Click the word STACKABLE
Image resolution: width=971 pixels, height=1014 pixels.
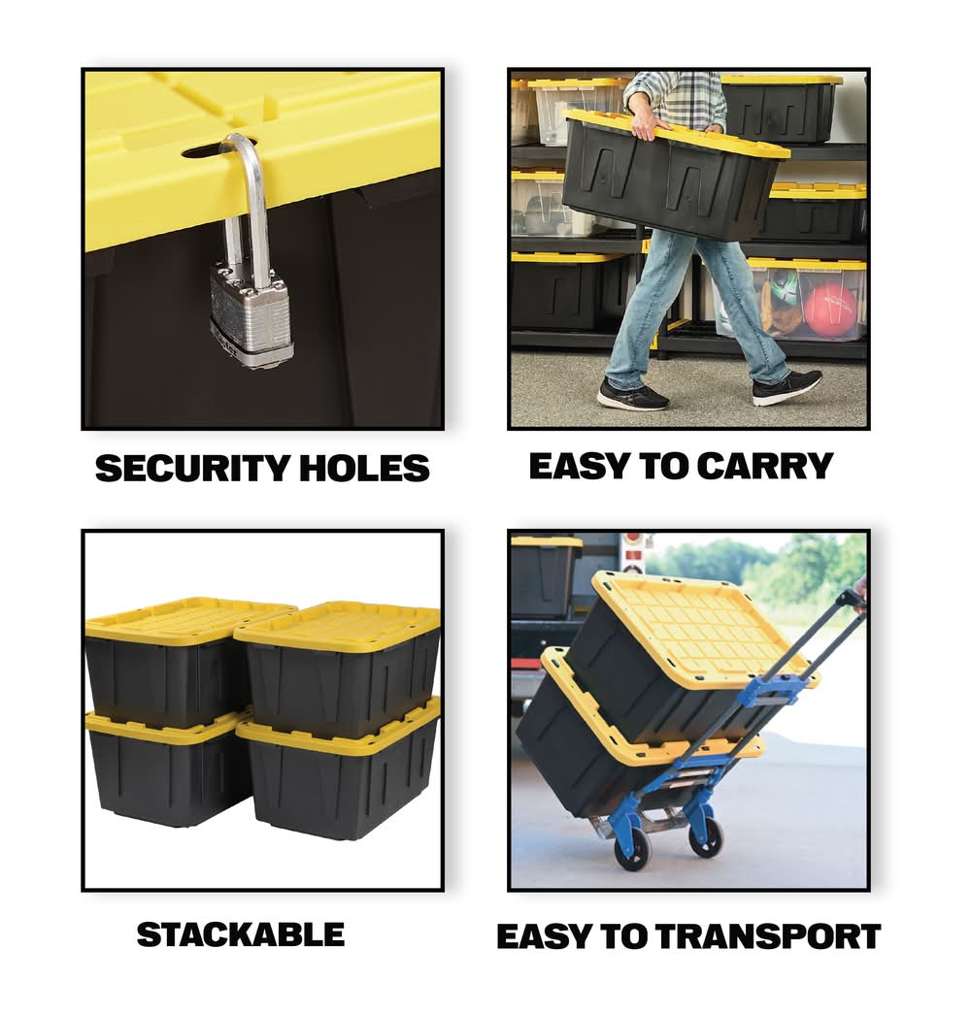coord(240,935)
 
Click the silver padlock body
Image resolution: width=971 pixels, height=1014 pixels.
coord(251,315)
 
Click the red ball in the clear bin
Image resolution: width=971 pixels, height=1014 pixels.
coord(832,309)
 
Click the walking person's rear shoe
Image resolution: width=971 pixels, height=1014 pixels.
coord(631,394)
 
